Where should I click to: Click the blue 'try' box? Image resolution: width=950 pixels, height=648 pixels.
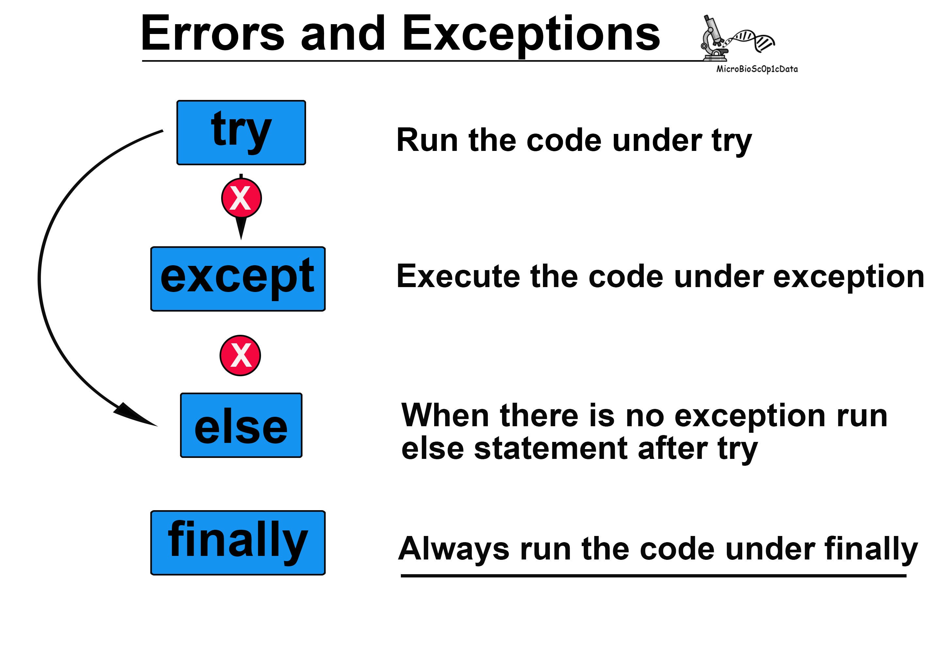point(241,133)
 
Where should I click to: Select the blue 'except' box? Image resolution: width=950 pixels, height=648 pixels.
point(238,279)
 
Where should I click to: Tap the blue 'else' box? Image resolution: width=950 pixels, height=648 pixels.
point(241,425)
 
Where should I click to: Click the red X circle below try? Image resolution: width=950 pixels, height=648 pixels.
point(241,198)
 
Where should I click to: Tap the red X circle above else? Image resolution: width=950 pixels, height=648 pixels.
point(240,355)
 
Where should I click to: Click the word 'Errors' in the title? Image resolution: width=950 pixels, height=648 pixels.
point(213,34)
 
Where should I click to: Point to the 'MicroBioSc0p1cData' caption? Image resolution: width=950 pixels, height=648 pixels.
point(757,69)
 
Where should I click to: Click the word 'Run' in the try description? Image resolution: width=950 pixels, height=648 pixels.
point(427,140)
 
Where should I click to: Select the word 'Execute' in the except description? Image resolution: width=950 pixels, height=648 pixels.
point(458,277)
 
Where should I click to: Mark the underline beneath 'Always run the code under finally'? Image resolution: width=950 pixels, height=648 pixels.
point(654,576)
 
